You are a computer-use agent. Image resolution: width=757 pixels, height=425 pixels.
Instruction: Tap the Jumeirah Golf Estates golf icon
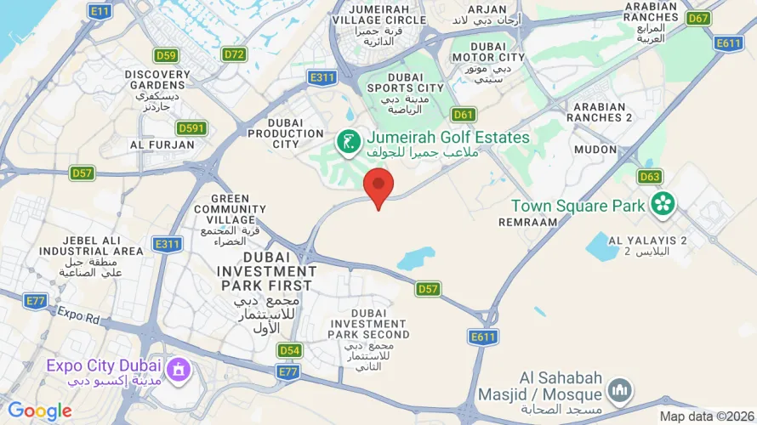pos(347,142)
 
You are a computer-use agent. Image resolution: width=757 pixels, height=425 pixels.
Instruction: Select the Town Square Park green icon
pos(663,204)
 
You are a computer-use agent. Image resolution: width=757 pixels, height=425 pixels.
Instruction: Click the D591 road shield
pos(191,127)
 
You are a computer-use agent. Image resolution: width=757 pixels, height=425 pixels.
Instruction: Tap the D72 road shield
pos(234,54)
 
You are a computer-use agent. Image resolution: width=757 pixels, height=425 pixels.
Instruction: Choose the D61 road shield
pos(464,114)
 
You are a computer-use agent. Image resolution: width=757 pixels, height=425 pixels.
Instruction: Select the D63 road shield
pos(650,177)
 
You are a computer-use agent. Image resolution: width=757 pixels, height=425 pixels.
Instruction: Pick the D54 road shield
pos(290,350)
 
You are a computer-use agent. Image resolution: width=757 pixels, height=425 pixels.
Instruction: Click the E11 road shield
pos(100,11)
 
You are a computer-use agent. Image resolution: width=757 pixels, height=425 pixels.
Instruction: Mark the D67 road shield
pos(699,18)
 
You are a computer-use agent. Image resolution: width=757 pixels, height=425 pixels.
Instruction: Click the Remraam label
pos(528,222)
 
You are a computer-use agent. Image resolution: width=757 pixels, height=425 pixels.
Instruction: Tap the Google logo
pos(40,411)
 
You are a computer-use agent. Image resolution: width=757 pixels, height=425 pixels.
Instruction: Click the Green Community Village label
pos(230,209)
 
